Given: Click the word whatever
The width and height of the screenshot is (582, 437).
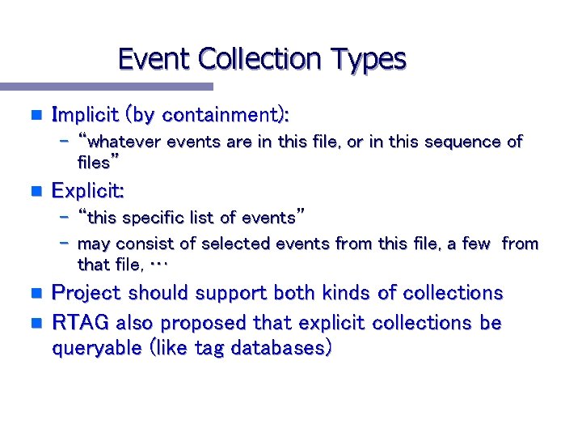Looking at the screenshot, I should tap(125, 142).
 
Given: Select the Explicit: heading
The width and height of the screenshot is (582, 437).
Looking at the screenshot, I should tap(88, 191).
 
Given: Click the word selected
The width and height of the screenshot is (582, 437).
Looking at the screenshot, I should tap(238, 244).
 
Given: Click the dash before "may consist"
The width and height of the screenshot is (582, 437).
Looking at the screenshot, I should tap(65, 244).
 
